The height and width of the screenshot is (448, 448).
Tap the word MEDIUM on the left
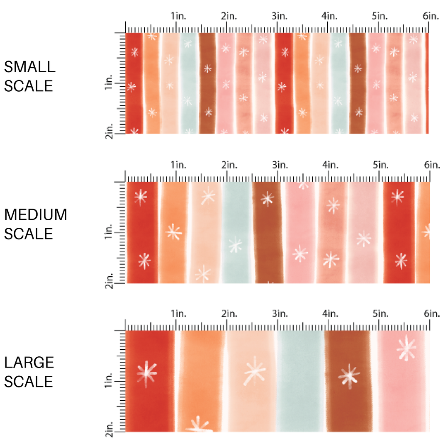click(35, 215)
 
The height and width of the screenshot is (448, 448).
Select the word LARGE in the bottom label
click(29, 363)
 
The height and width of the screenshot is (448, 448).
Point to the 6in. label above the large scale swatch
click(431, 314)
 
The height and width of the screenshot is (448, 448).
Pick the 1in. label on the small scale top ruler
click(178, 16)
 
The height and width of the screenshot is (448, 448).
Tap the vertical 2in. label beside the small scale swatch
click(109, 134)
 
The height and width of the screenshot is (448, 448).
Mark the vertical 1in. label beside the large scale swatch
click(109, 381)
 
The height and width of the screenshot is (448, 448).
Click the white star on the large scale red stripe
click(147, 373)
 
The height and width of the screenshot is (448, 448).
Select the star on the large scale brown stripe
click(349, 376)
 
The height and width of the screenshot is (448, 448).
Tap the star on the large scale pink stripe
click(407, 349)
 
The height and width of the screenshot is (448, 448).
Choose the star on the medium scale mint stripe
click(236, 245)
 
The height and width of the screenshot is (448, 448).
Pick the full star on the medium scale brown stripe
click(268, 199)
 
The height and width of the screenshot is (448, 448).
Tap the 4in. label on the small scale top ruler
click(329, 16)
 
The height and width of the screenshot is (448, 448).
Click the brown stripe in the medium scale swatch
click(268, 241)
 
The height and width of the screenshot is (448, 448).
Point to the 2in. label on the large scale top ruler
click(229, 314)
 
